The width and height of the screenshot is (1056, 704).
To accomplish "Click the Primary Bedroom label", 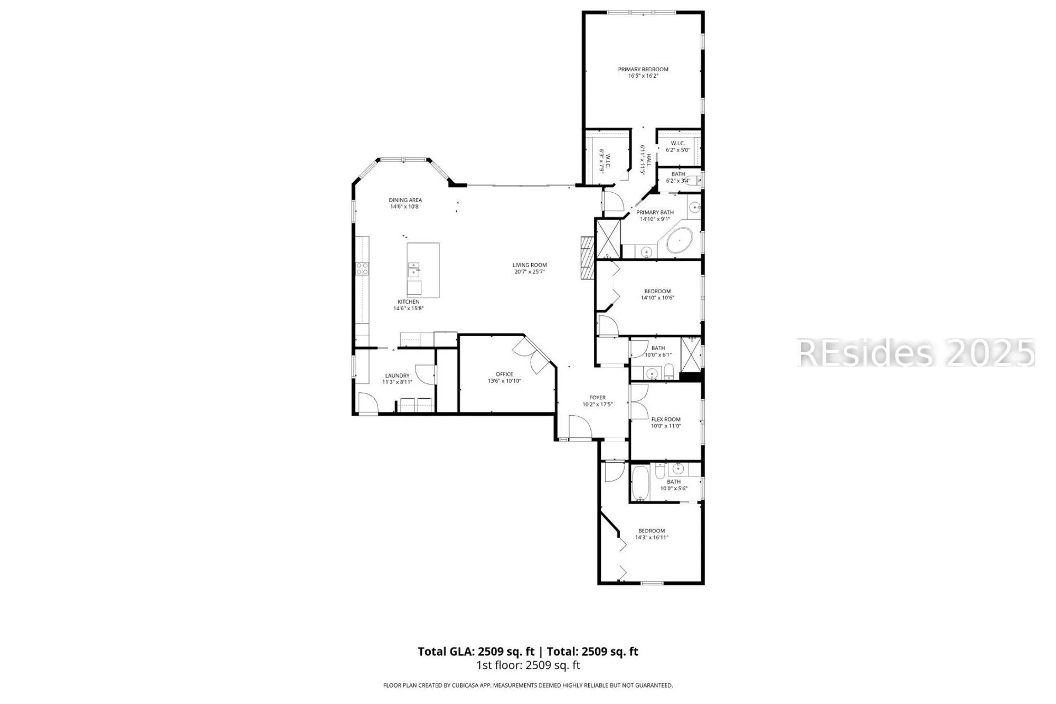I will click(x=643, y=69).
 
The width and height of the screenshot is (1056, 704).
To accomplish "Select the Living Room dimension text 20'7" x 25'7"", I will click(x=529, y=272).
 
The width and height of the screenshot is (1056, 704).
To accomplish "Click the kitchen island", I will click(x=423, y=270).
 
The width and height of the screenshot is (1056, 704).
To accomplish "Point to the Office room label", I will click(x=504, y=374).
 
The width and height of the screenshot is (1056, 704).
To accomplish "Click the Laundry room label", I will click(x=397, y=376).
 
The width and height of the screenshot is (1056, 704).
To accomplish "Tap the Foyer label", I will click(x=597, y=398).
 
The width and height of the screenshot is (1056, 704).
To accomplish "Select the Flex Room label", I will click(x=666, y=419).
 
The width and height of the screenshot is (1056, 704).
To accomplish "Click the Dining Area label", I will click(x=406, y=200).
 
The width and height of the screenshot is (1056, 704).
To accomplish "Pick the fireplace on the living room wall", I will click(x=587, y=258).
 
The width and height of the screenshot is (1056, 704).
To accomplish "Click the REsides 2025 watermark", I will click(x=916, y=353).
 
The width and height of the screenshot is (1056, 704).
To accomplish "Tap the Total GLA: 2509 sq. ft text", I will click(x=476, y=652).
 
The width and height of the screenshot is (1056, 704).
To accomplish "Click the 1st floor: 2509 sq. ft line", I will click(x=528, y=665).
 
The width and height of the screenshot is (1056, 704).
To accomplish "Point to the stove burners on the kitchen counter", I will click(x=362, y=268).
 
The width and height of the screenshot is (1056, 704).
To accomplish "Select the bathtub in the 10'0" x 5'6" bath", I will click(x=640, y=482).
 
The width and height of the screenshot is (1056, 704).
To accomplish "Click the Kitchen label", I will click(x=408, y=302).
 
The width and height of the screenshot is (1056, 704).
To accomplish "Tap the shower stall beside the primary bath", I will click(x=608, y=238).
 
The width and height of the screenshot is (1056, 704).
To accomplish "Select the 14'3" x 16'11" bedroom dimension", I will click(x=652, y=538).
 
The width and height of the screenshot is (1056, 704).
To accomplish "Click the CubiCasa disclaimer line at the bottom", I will click(x=528, y=686).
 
